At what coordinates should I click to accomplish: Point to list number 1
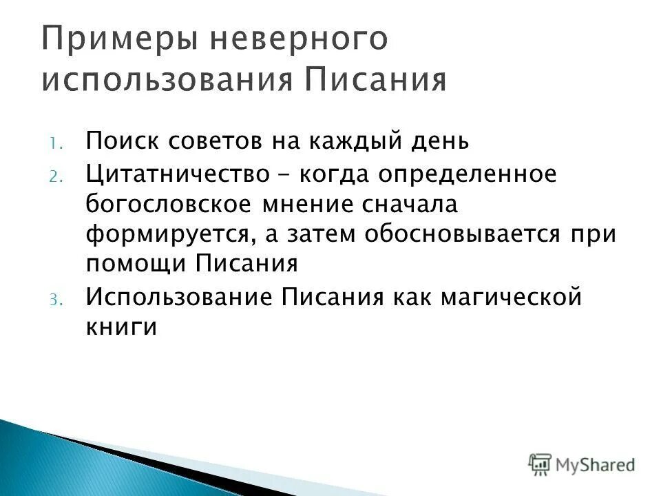click(56, 143)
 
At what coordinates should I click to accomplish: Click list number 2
click(56, 176)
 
